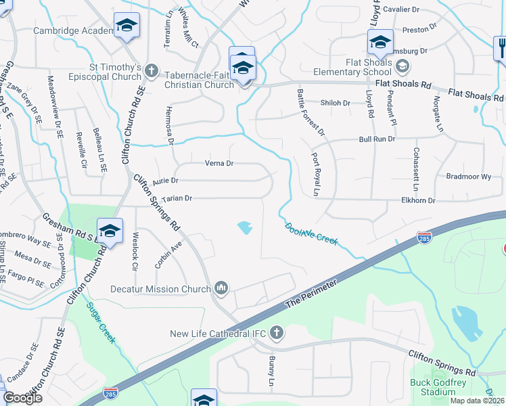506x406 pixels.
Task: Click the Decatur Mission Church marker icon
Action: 221,289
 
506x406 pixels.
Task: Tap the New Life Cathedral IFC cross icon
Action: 276,333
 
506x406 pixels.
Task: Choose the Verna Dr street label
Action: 219,163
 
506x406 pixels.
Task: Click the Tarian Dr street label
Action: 177,198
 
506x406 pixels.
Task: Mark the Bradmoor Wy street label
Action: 469,176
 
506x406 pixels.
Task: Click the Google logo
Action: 22,398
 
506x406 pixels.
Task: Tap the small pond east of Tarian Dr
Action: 244,228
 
